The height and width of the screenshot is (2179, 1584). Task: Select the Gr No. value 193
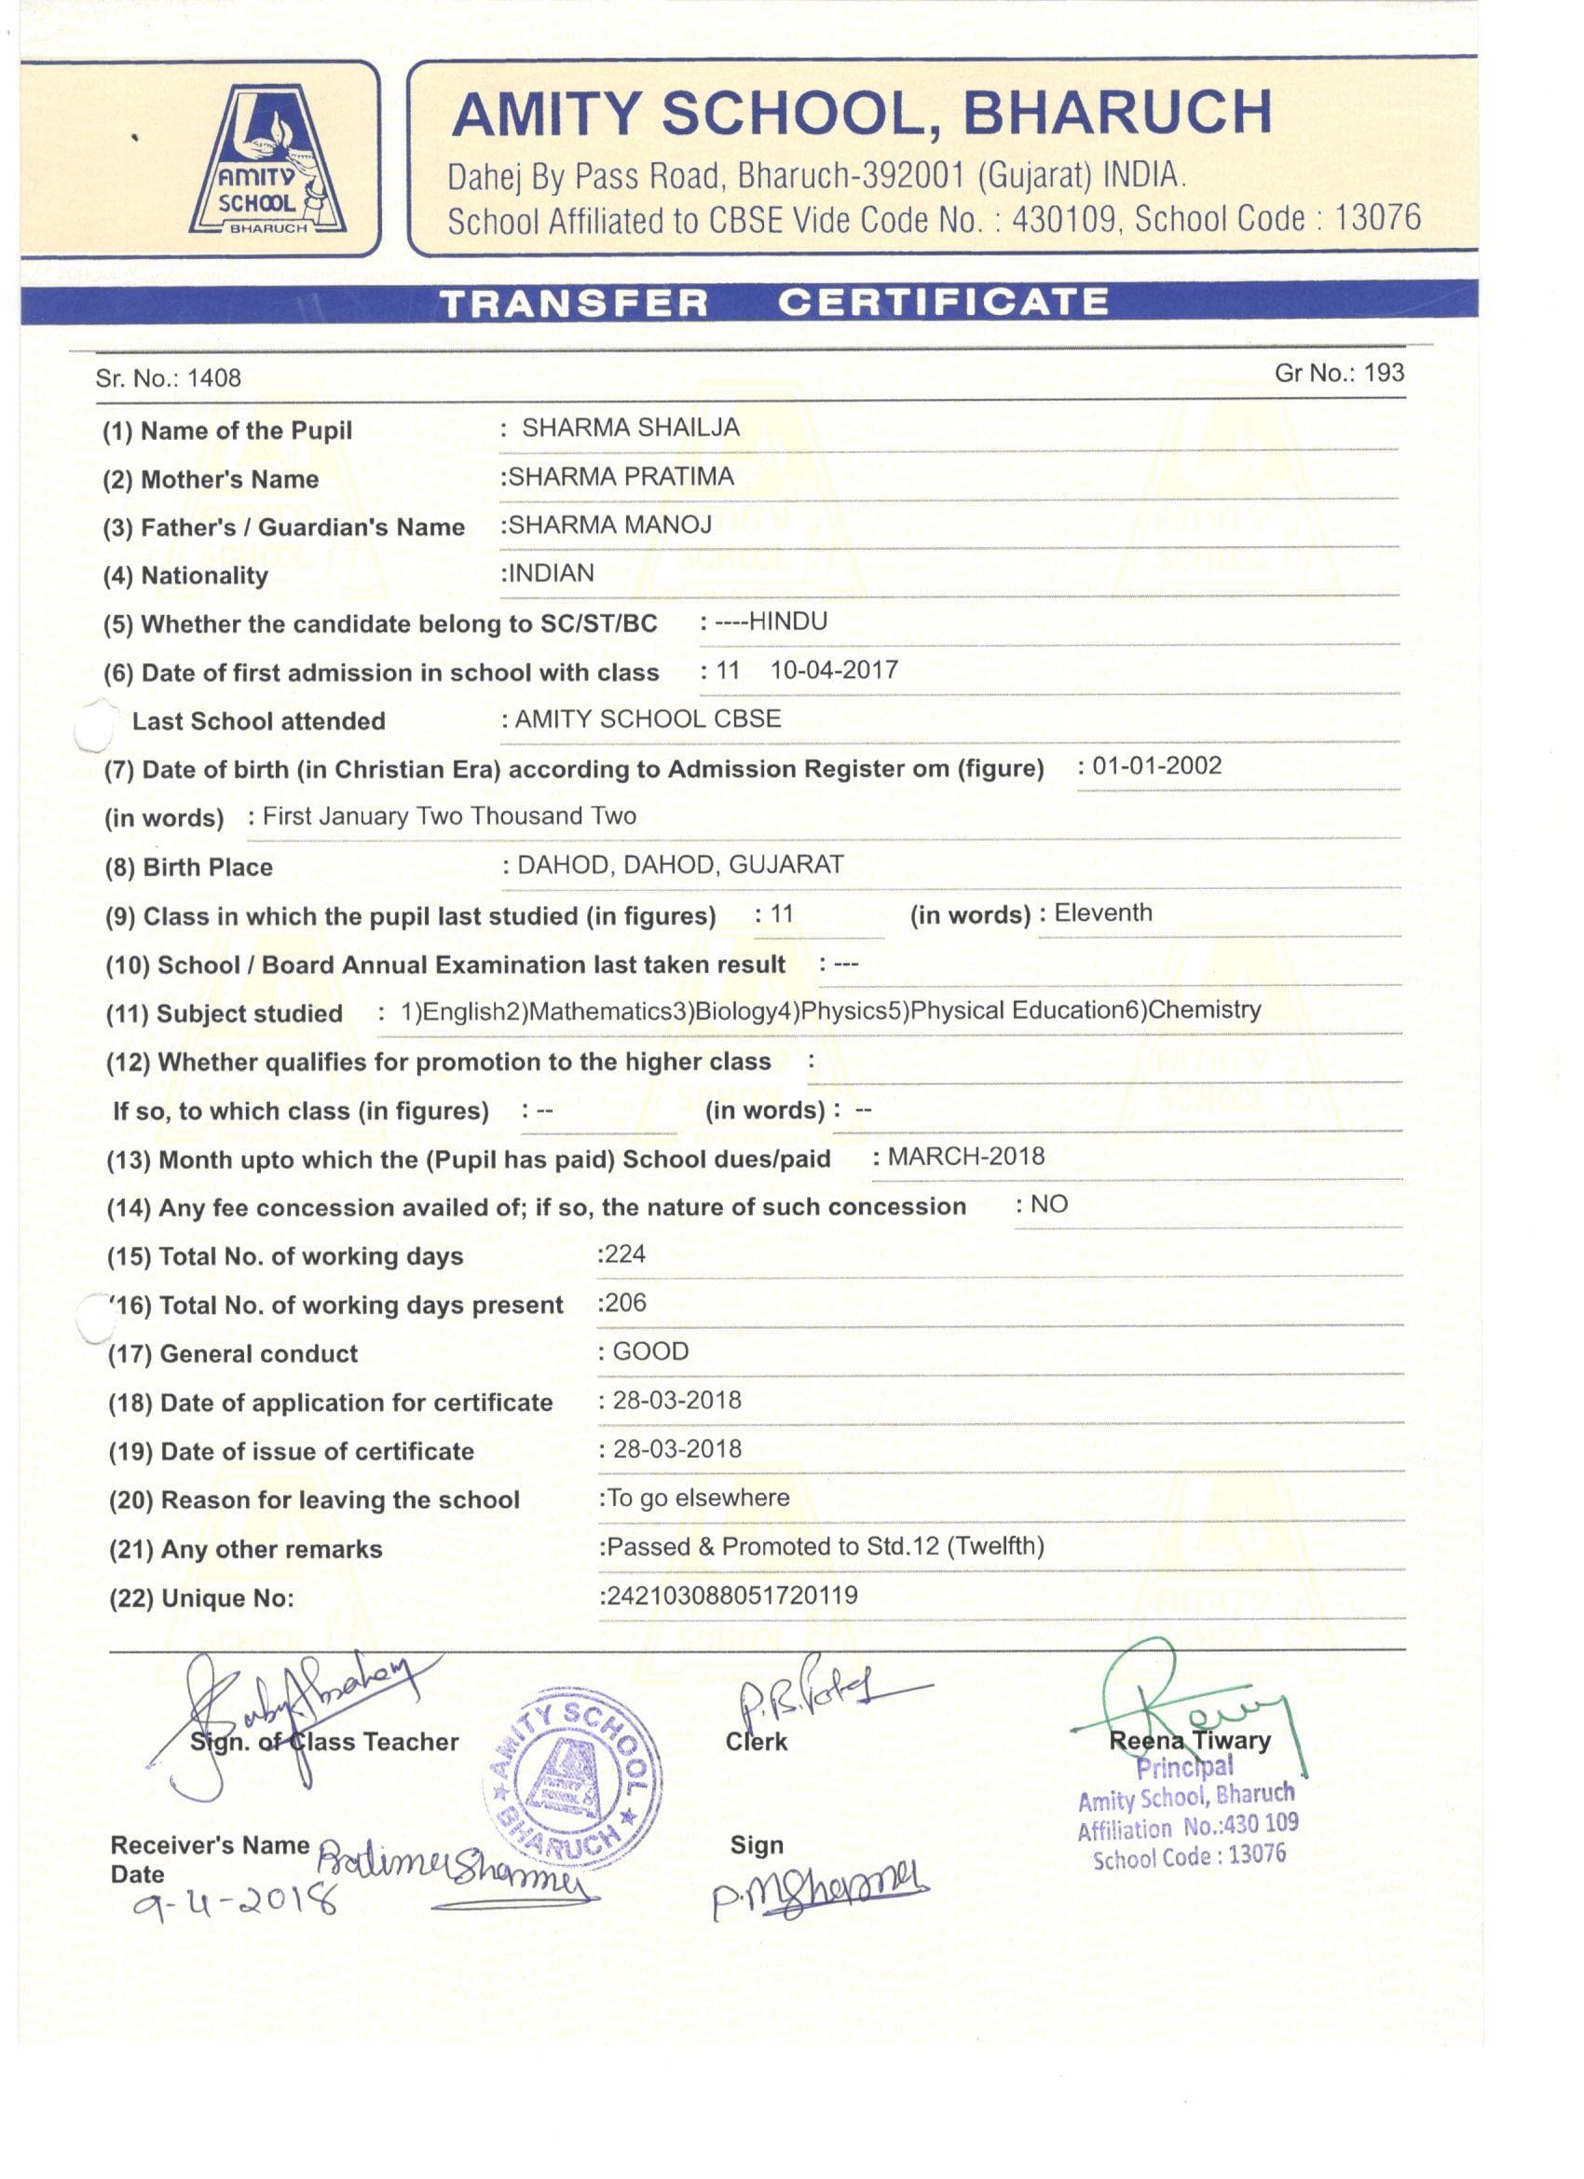(1384, 373)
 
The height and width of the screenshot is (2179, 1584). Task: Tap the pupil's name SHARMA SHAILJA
(630, 428)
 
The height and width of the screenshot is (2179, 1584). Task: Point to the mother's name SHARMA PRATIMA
(621, 476)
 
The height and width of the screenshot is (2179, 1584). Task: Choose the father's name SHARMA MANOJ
(610, 525)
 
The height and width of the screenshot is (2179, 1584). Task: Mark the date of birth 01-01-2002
(1156, 766)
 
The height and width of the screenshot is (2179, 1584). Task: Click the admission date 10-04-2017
(834, 670)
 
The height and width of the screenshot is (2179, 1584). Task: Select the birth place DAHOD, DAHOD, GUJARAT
(680, 865)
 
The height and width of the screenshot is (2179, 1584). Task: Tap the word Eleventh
(1103, 912)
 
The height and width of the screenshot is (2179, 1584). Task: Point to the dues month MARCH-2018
(965, 1156)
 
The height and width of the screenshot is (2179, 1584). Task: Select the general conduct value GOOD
(650, 1351)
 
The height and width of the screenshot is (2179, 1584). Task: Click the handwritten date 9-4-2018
(236, 1901)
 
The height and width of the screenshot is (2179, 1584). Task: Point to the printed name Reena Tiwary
(1189, 1740)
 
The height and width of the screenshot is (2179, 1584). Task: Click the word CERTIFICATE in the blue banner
(943, 303)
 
